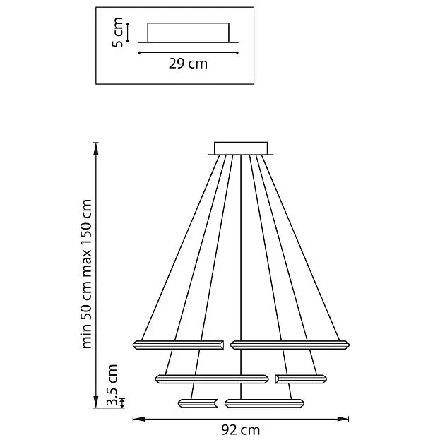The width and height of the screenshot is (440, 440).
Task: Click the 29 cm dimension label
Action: tap(188, 64)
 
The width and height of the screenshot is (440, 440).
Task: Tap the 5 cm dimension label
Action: tap(117, 32)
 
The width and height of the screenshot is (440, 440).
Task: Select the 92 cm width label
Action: tap(241, 429)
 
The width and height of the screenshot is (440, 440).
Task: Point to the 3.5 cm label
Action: tap(112, 386)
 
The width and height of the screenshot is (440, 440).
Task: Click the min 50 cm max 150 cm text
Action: tap(87, 274)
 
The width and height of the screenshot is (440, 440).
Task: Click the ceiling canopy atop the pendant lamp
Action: tap(241, 148)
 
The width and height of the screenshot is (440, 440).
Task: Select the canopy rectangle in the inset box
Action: tap(189, 32)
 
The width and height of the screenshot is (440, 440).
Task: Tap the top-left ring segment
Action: tap(178, 345)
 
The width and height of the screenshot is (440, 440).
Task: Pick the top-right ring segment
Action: tap(290, 345)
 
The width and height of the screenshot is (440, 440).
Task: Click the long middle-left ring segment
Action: tap(212, 379)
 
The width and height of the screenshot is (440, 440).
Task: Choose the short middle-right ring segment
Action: tap(301, 379)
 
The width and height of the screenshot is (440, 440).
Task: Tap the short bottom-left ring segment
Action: tap(198, 403)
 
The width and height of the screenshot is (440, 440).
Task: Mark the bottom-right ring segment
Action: tap(264, 403)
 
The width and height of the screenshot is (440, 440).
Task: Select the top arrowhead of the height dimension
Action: tap(96, 149)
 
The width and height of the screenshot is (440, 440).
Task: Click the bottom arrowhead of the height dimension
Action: tap(96, 401)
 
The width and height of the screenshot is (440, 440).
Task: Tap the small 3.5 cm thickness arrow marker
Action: tap(122, 403)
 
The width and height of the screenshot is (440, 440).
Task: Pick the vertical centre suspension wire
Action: tap(241, 277)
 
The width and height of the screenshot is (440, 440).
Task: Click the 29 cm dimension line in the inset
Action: tap(189, 52)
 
